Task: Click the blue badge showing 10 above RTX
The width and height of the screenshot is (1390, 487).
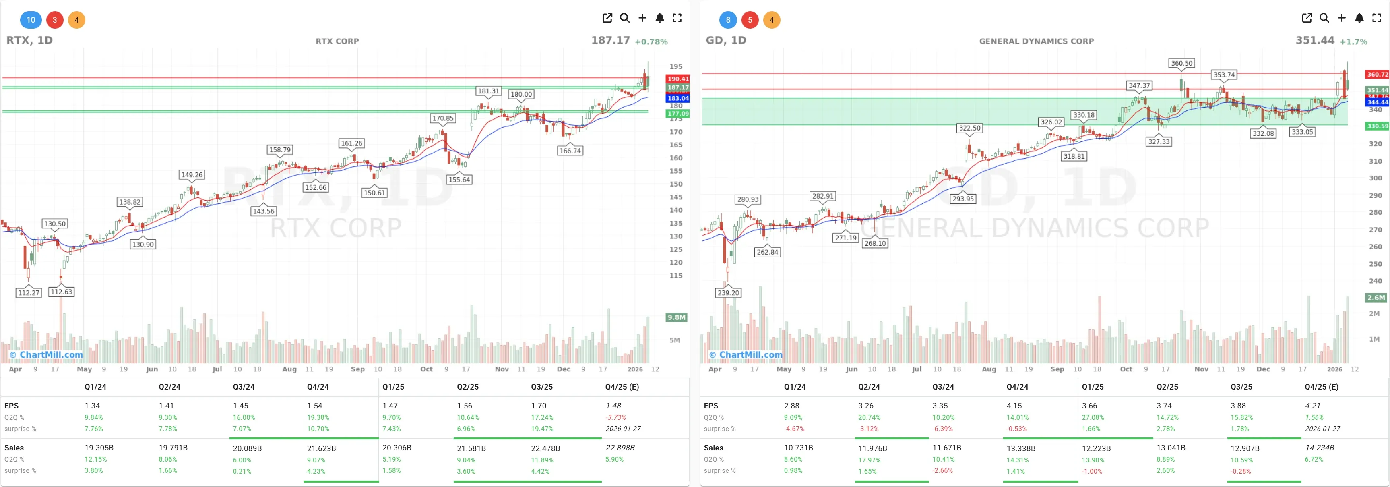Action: (31, 20)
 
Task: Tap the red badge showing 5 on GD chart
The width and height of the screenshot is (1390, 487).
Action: (750, 20)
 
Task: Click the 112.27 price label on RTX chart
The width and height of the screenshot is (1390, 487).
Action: (29, 292)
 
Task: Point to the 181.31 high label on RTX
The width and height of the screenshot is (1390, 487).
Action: (488, 91)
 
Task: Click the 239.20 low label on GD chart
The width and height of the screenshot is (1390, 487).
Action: (728, 292)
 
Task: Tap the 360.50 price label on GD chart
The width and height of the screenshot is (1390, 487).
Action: (1181, 63)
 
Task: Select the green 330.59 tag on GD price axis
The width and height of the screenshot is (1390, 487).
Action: (1376, 126)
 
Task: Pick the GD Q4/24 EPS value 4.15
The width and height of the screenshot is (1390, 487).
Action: (1014, 406)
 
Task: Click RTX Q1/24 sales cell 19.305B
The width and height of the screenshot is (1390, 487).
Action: (99, 448)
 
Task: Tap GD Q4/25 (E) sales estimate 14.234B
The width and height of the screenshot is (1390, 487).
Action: (1319, 448)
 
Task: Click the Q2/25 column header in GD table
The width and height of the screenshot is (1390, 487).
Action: (1167, 387)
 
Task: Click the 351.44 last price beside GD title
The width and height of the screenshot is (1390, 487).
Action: (1314, 41)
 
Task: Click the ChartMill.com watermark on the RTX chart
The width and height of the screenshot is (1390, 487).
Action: (47, 355)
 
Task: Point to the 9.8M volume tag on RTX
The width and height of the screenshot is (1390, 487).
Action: (676, 317)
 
